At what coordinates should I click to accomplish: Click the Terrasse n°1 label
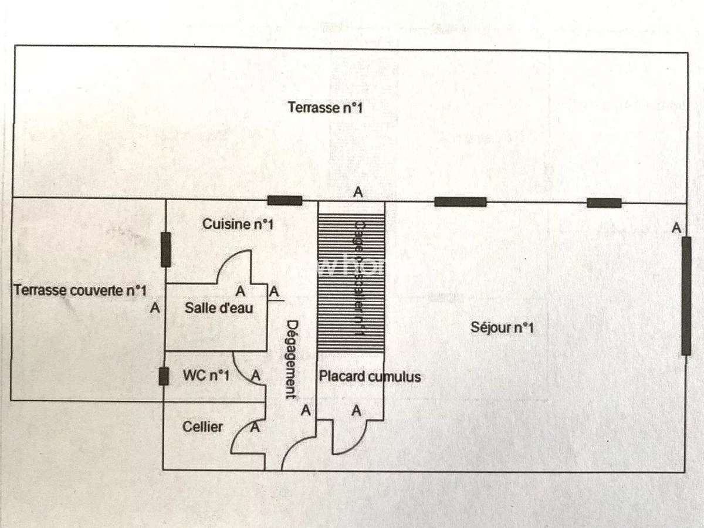pos(323,107)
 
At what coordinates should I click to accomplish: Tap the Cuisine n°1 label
pos(238,224)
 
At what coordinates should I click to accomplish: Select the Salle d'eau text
pos(219,307)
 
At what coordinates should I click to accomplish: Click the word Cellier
pos(202,427)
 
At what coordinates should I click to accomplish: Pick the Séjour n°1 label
pos(502,327)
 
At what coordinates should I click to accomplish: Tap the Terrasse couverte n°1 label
pos(80,290)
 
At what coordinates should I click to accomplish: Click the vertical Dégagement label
pos(291,359)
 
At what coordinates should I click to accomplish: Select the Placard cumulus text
pos(370,376)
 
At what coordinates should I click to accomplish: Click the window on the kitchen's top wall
pos(285,201)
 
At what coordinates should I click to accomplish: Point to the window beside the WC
pos(164,375)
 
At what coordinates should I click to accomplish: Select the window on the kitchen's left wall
pos(166,249)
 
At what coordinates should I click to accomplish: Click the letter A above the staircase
pos(357,191)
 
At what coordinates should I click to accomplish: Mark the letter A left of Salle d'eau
pos(155,307)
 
